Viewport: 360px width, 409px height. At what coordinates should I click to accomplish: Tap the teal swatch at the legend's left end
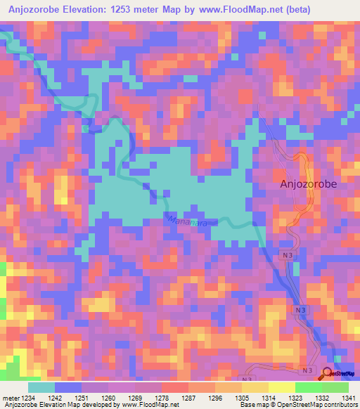tap(41, 387)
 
